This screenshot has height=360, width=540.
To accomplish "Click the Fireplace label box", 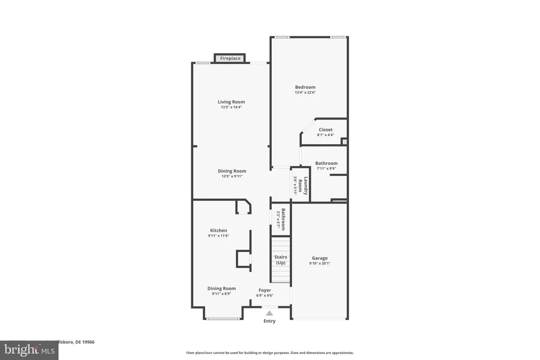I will [230, 59].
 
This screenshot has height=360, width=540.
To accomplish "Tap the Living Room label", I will [231, 102].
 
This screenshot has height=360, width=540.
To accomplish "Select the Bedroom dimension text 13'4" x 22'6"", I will [305, 93].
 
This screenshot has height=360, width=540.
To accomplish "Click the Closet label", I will [325, 130].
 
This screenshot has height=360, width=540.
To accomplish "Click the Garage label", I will [320, 258].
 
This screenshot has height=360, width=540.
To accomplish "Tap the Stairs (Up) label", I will [281, 260].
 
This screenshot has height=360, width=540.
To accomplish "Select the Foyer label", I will [264, 290].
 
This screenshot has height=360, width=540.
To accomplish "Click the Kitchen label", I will [218, 230].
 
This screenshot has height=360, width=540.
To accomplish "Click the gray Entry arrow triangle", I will [269, 313].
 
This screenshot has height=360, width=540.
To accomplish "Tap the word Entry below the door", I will [269, 321].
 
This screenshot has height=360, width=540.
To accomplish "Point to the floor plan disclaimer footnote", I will [269, 353].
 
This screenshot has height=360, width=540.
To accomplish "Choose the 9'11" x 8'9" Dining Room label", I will [221, 291].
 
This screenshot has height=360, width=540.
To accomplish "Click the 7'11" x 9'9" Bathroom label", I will [326, 166].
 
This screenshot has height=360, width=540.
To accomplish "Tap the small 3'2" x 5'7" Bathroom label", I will [283, 218].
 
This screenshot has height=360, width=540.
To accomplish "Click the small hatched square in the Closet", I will [344, 141].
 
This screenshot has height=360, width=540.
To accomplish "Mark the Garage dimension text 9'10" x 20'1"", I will [320, 264].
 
